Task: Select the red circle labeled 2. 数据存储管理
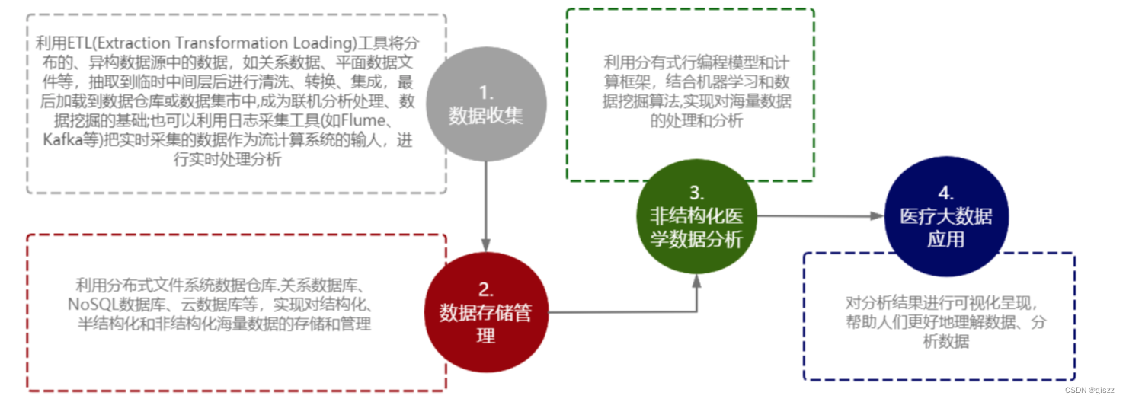click(485, 313)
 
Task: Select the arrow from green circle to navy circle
click(815, 216)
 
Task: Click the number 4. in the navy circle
click(945, 193)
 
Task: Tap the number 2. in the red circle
click(485, 289)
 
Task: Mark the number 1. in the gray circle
click(485, 93)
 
